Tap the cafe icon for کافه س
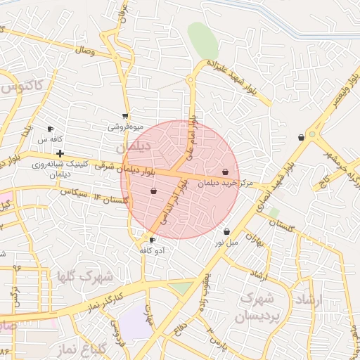[50, 129]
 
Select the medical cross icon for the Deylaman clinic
[60, 153]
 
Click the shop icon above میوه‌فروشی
[125, 117]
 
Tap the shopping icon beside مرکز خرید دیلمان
[225, 172]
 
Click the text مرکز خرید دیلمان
[225, 183]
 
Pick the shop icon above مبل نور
[226, 231]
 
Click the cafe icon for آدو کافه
[152, 240]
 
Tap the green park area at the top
[202, 41]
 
